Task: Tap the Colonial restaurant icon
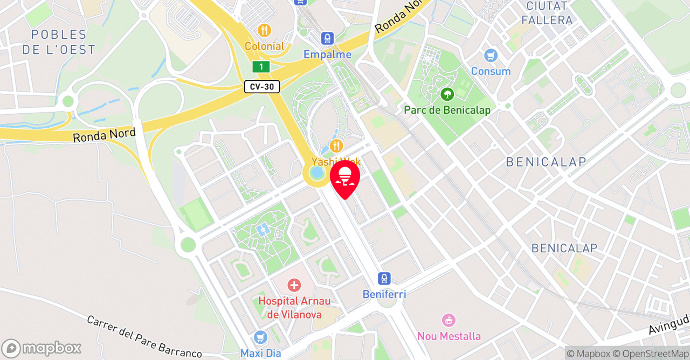pyautogui.click(x=264, y=30)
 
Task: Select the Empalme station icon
pyautogui.click(x=327, y=38)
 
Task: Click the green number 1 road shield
pyautogui.click(x=261, y=67)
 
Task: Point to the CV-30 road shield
pyautogui.click(x=262, y=86)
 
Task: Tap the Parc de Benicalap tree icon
pyautogui.click(x=447, y=94)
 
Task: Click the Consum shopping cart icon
pyautogui.click(x=491, y=55)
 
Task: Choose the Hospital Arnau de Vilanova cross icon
pyautogui.click(x=294, y=285)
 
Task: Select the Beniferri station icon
pyautogui.click(x=384, y=278)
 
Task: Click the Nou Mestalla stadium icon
pyautogui.click(x=448, y=320)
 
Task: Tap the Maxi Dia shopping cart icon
pyautogui.click(x=260, y=337)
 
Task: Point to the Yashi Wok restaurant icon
pyautogui.click(x=336, y=146)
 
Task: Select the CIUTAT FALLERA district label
pyautogui.click(x=547, y=13)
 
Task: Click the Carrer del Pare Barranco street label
pyautogui.click(x=144, y=337)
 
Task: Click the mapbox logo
pyautogui.click(x=42, y=348)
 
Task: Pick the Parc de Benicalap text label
pyautogui.click(x=447, y=110)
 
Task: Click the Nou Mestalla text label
pyautogui.click(x=449, y=336)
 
